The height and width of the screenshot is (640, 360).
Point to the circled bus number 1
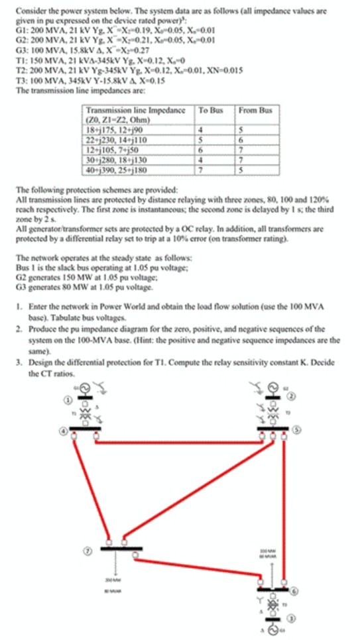(66, 400)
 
